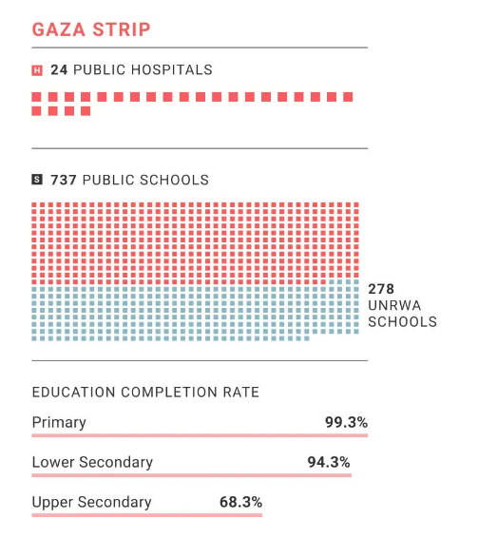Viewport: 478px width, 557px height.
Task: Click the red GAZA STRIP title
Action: [x=91, y=29]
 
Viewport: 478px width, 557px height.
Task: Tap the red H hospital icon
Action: [x=36, y=70]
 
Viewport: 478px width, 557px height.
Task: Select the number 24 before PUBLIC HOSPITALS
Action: [x=59, y=70]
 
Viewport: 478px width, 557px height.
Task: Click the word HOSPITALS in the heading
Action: [x=172, y=70]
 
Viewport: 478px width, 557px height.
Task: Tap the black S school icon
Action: [x=36, y=180]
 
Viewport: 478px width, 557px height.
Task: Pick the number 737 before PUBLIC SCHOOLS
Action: [x=64, y=180]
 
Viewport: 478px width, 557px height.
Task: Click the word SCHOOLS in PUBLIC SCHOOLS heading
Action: [x=174, y=180]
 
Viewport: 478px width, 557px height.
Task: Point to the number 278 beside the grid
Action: [x=381, y=289]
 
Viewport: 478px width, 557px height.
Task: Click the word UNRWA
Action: [x=394, y=305]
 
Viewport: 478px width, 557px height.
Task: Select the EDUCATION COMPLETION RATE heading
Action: [x=145, y=393]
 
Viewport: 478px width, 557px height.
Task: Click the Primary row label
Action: [x=59, y=423]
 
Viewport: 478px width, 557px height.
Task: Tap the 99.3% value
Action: [x=346, y=422]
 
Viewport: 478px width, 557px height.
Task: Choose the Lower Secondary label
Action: [x=92, y=462]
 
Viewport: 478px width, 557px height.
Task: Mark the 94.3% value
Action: [x=329, y=462]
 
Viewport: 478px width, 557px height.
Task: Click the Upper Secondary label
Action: [x=91, y=502]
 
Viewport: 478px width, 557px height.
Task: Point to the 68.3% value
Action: [x=240, y=502]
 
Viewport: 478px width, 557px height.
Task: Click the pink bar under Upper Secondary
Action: [x=147, y=515]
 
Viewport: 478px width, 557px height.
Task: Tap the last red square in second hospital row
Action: [x=86, y=111]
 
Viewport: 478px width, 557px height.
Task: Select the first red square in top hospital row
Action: [x=36, y=97]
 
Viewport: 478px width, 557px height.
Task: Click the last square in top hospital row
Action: [x=348, y=97]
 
